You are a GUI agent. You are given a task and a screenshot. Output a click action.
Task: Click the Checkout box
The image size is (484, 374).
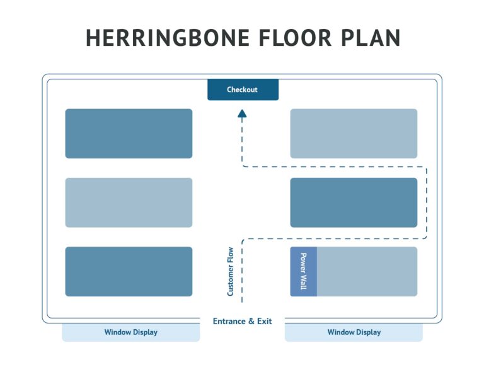click(x=243, y=90)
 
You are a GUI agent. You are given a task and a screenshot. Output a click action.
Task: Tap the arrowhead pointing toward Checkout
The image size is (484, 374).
click(x=242, y=114)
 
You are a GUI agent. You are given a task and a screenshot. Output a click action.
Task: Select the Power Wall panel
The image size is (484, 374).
click(x=303, y=271)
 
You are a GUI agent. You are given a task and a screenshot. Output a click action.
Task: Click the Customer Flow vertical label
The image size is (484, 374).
click(x=231, y=271)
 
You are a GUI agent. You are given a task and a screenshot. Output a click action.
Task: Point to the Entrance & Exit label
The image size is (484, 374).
click(x=243, y=321)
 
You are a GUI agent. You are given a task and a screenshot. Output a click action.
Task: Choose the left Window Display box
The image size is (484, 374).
click(x=130, y=332)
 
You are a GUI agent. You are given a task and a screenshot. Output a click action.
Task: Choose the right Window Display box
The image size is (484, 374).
click(x=354, y=332)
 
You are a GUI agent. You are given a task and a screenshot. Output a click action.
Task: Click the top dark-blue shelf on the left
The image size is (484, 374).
click(x=129, y=133)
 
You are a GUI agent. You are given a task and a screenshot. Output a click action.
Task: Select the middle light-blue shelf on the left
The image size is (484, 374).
click(x=129, y=202)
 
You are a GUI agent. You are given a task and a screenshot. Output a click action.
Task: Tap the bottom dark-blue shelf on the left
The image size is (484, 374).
click(x=129, y=271)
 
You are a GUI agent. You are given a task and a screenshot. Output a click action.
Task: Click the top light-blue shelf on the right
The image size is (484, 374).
click(x=354, y=133)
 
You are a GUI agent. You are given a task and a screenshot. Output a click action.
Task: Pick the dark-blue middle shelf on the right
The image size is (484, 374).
click(x=354, y=202)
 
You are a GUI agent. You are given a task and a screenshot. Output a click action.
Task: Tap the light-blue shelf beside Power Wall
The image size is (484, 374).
click(x=367, y=271)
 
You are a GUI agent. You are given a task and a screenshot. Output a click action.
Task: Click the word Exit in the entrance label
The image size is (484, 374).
click(x=264, y=321)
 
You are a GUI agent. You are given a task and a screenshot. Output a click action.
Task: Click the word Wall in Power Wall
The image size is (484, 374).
click(x=303, y=282)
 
